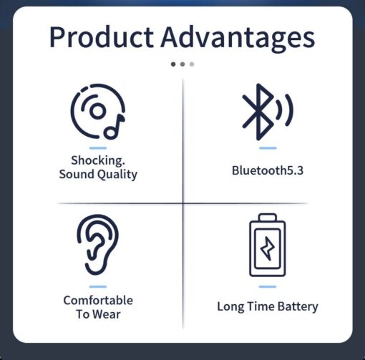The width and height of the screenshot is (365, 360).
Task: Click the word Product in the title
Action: pos(102,37)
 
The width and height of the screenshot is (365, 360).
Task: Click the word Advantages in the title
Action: pos(238,39)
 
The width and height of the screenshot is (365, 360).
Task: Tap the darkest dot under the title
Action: pos(173,64)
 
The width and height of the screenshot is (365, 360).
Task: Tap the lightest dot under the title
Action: pos(192,64)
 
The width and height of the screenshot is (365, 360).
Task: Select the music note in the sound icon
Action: pos(114,127)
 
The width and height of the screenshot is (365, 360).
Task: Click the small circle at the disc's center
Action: pos(97,111)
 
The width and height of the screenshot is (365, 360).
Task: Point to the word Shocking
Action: pos(98,160)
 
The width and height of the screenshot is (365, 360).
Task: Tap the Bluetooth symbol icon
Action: pos(258,112)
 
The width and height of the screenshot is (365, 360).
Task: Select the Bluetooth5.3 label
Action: pos(268,170)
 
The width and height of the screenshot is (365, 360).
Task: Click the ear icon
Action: pos(97,245)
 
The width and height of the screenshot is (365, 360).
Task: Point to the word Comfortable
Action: pos(98,300)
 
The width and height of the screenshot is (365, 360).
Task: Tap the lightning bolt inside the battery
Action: pos(268,248)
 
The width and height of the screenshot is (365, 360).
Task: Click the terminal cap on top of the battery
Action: pos(268,218)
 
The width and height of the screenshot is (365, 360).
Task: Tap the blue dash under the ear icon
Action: pos(98,286)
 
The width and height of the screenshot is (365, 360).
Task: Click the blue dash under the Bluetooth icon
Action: pos(268,148)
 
